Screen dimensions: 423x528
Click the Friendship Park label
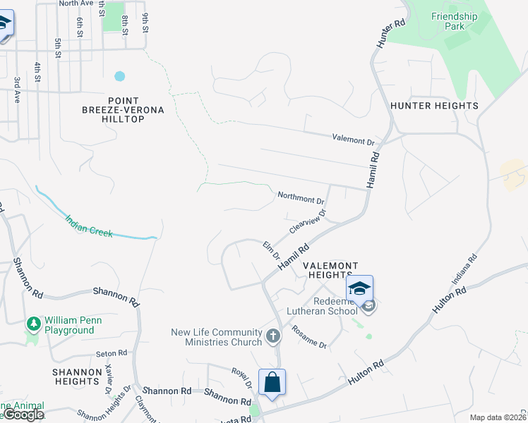(455, 21)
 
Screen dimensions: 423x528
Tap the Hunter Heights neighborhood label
(434, 106)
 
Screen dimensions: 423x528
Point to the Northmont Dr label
(301, 197)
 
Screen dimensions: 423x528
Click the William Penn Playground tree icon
(32, 324)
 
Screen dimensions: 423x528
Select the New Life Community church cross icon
(274, 336)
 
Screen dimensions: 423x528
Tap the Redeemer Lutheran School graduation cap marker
(359, 289)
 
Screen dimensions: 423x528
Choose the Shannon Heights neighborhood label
(76, 376)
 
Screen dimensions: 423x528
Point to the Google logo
(23, 415)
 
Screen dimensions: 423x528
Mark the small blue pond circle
(119, 75)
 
